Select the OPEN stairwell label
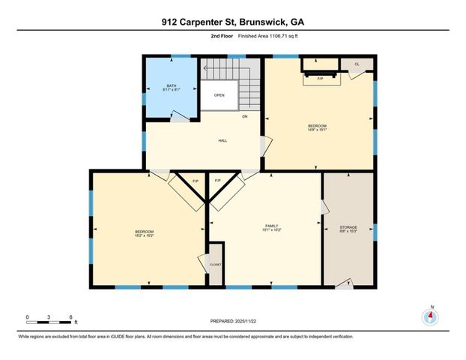(x=219, y=95)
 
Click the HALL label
(x=223, y=140)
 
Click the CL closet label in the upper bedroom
(x=357, y=64)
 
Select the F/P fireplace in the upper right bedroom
(x=320, y=79)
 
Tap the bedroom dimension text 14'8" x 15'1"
(x=318, y=130)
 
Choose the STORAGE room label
(x=348, y=226)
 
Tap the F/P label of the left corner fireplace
(x=196, y=181)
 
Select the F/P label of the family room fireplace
(x=217, y=181)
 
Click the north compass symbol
(x=429, y=315)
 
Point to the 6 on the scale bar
(x=70, y=317)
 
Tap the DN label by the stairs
(x=244, y=116)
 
